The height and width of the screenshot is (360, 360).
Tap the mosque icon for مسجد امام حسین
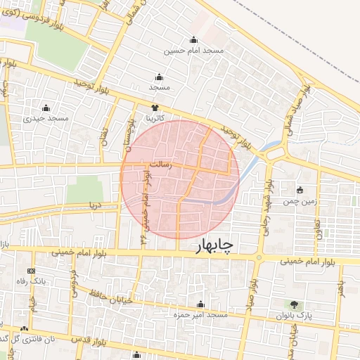pyautogui.click(x=194, y=39)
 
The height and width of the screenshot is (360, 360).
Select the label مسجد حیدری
pyautogui.click(x=46, y=118)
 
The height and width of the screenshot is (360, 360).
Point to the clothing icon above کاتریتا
pyautogui.click(x=155, y=107)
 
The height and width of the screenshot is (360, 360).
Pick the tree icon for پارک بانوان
pyautogui.click(x=293, y=304)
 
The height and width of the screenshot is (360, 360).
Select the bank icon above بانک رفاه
pyautogui.click(x=30, y=271)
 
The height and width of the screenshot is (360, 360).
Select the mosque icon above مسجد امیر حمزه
pyautogui.click(x=201, y=304)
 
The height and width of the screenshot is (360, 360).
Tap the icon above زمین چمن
pyautogui.click(x=300, y=190)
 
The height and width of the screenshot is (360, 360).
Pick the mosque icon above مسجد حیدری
pyautogui.click(x=46, y=108)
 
